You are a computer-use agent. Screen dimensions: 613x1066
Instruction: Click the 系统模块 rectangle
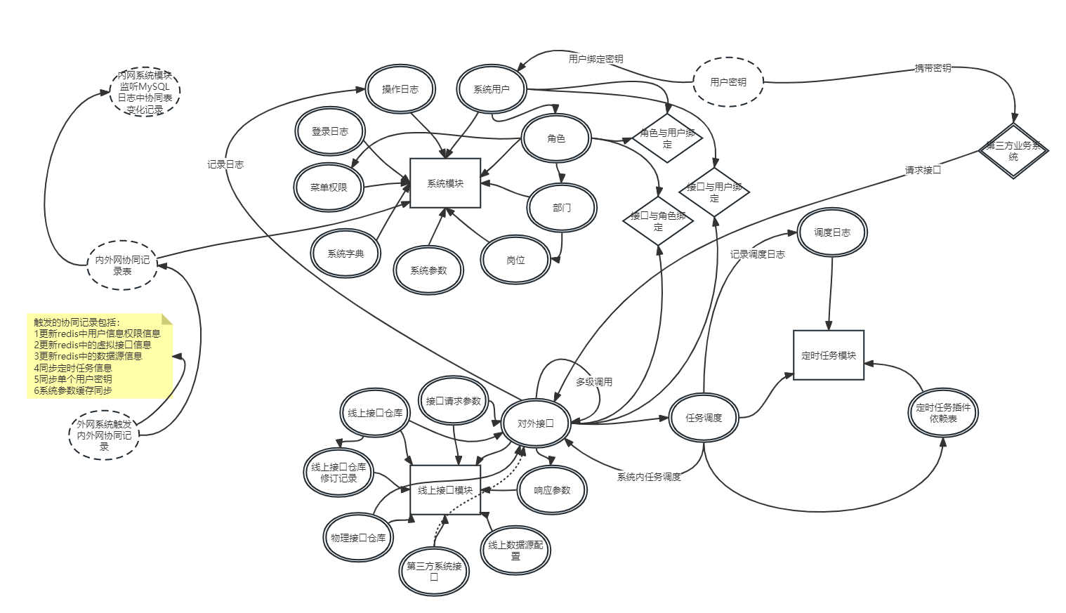(x=445, y=183)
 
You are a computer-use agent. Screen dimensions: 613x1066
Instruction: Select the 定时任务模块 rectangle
(x=829, y=355)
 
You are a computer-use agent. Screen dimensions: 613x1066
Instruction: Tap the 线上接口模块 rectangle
(x=445, y=490)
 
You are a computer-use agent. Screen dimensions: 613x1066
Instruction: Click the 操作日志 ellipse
(x=400, y=89)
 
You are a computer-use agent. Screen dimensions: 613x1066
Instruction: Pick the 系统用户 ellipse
(x=492, y=89)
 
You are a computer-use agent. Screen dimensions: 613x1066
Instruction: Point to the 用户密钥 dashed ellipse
(x=728, y=82)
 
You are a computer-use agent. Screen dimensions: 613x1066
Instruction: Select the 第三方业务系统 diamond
(x=1013, y=151)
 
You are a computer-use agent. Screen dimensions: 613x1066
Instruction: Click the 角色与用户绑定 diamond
(x=667, y=138)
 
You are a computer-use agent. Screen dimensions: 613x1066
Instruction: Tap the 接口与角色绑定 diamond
(x=658, y=221)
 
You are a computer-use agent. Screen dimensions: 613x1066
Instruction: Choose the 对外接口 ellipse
(x=536, y=423)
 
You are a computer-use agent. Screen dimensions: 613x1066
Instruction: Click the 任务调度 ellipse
(x=704, y=418)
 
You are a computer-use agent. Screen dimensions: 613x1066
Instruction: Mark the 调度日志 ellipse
(x=832, y=232)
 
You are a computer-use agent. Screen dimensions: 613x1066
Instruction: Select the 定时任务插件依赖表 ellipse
(x=943, y=413)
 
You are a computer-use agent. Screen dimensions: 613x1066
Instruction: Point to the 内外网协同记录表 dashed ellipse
(x=122, y=265)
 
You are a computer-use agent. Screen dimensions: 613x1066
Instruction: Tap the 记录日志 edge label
(x=225, y=164)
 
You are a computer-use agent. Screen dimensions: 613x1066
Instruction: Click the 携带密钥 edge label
(x=933, y=68)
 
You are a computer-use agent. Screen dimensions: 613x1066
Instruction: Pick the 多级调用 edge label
(x=594, y=382)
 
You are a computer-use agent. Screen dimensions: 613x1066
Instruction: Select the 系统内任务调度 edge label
(x=649, y=477)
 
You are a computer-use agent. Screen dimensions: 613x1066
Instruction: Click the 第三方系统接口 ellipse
(x=434, y=572)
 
